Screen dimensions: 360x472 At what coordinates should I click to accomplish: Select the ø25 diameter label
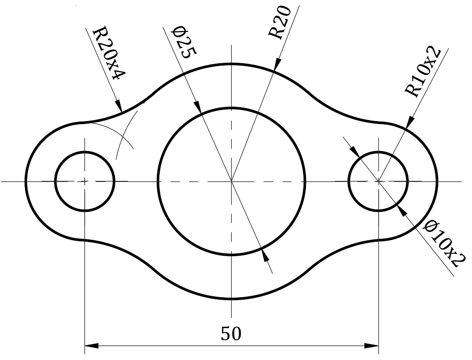tap(184, 42)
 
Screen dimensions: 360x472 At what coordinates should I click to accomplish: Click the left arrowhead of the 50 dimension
tap(91, 346)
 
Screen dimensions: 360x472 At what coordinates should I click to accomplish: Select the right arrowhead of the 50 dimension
tap(372, 346)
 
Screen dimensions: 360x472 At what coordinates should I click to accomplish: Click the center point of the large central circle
tap(232, 181)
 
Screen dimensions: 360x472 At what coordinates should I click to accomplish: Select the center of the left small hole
tap(85, 181)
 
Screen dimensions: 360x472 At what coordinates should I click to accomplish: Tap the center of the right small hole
tap(378, 181)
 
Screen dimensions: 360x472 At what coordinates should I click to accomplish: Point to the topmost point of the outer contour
tap(232, 63)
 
